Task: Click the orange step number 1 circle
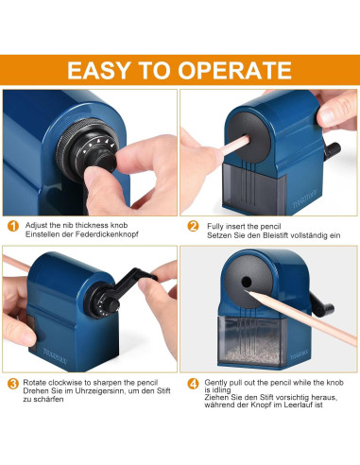12,227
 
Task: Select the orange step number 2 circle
193,227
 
